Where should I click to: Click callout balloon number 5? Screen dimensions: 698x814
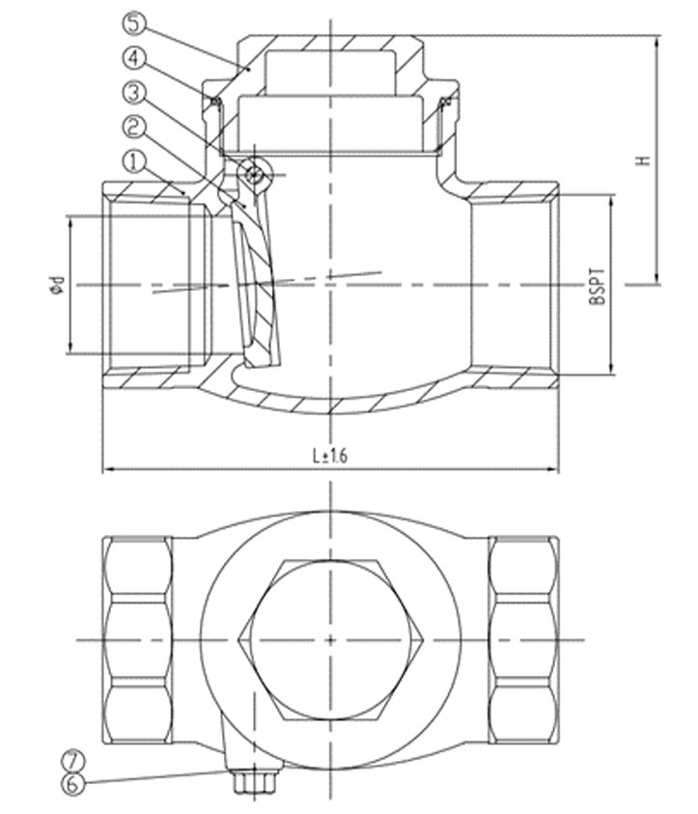(x=134, y=24)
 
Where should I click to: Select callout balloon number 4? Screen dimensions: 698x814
(x=134, y=58)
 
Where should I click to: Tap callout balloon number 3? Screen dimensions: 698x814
(x=134, y=93)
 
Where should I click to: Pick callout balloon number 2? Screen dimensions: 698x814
(x=134, y=127)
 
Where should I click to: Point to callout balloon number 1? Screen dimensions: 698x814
(x=134, y=162)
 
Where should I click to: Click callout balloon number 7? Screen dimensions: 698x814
(x=72, y=761)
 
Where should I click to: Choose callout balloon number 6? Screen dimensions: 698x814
(x=72, y=783)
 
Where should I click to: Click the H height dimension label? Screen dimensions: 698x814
(x=643, y=160)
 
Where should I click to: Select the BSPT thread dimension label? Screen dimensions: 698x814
(x=597, y=286)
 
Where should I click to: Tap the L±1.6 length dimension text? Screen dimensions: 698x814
(x=330, y=456)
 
